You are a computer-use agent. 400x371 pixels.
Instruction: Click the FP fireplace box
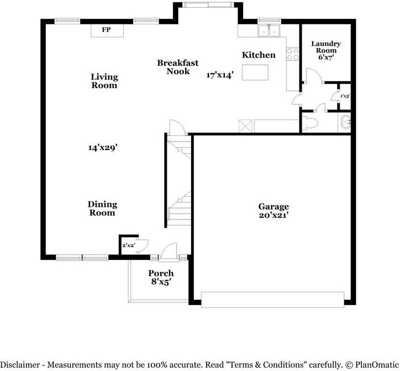pos(107,30)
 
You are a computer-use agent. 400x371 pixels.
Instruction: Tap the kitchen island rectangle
pos(255,72)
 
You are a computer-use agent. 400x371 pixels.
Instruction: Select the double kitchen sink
pos(269,31)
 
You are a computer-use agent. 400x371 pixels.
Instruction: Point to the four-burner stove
pos(293,54)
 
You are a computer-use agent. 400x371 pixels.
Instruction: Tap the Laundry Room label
pos(326,47)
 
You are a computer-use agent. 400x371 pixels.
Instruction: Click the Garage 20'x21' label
pos(273,211)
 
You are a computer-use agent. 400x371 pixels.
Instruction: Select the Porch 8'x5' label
pos(161,278)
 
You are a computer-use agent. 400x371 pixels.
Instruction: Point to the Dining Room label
pos(102,208)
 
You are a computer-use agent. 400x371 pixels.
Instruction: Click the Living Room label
pos(104,81)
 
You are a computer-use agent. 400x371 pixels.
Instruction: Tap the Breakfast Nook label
pos(177,67)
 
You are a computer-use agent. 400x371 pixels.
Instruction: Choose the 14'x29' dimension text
pos(103,147)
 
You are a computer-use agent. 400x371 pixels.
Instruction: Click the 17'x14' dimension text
pos(220,75)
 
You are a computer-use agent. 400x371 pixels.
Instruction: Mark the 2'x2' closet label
pos(129,245)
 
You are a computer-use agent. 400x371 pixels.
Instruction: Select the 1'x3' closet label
pos(345,96)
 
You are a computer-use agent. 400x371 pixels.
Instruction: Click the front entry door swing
pos(169,251)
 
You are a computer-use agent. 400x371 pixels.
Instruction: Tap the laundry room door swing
pos(314,75)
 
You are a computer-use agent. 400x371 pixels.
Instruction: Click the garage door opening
pos(272,300)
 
